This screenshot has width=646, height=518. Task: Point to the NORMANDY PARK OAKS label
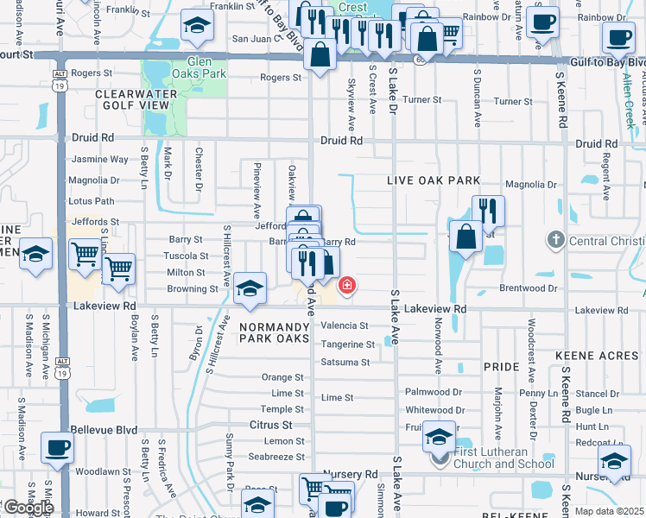274,333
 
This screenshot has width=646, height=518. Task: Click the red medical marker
347,285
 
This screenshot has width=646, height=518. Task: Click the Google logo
28,507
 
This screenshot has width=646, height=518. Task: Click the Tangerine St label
345,344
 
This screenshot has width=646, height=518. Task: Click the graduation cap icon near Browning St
250,288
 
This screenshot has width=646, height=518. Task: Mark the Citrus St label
270,425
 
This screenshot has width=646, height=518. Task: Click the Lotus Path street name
92,201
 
